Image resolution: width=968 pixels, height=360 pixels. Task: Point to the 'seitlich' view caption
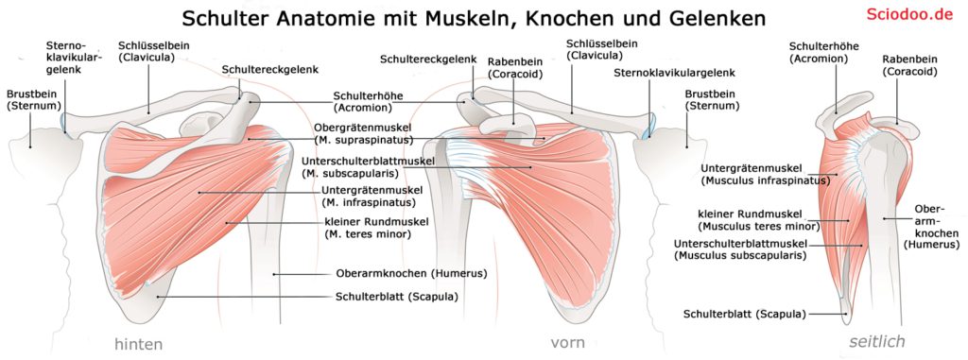click(877, 341)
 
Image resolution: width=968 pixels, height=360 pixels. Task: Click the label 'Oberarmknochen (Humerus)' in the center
click(411, 274)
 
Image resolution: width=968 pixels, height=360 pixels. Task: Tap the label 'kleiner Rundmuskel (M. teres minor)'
click(376, 228)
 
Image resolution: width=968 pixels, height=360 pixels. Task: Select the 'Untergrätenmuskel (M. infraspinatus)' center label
click(372, 196)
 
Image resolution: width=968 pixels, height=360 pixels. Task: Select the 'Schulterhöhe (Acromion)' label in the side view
click(821, 52)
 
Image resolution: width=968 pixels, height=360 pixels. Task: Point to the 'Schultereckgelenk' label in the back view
click(269, 70)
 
